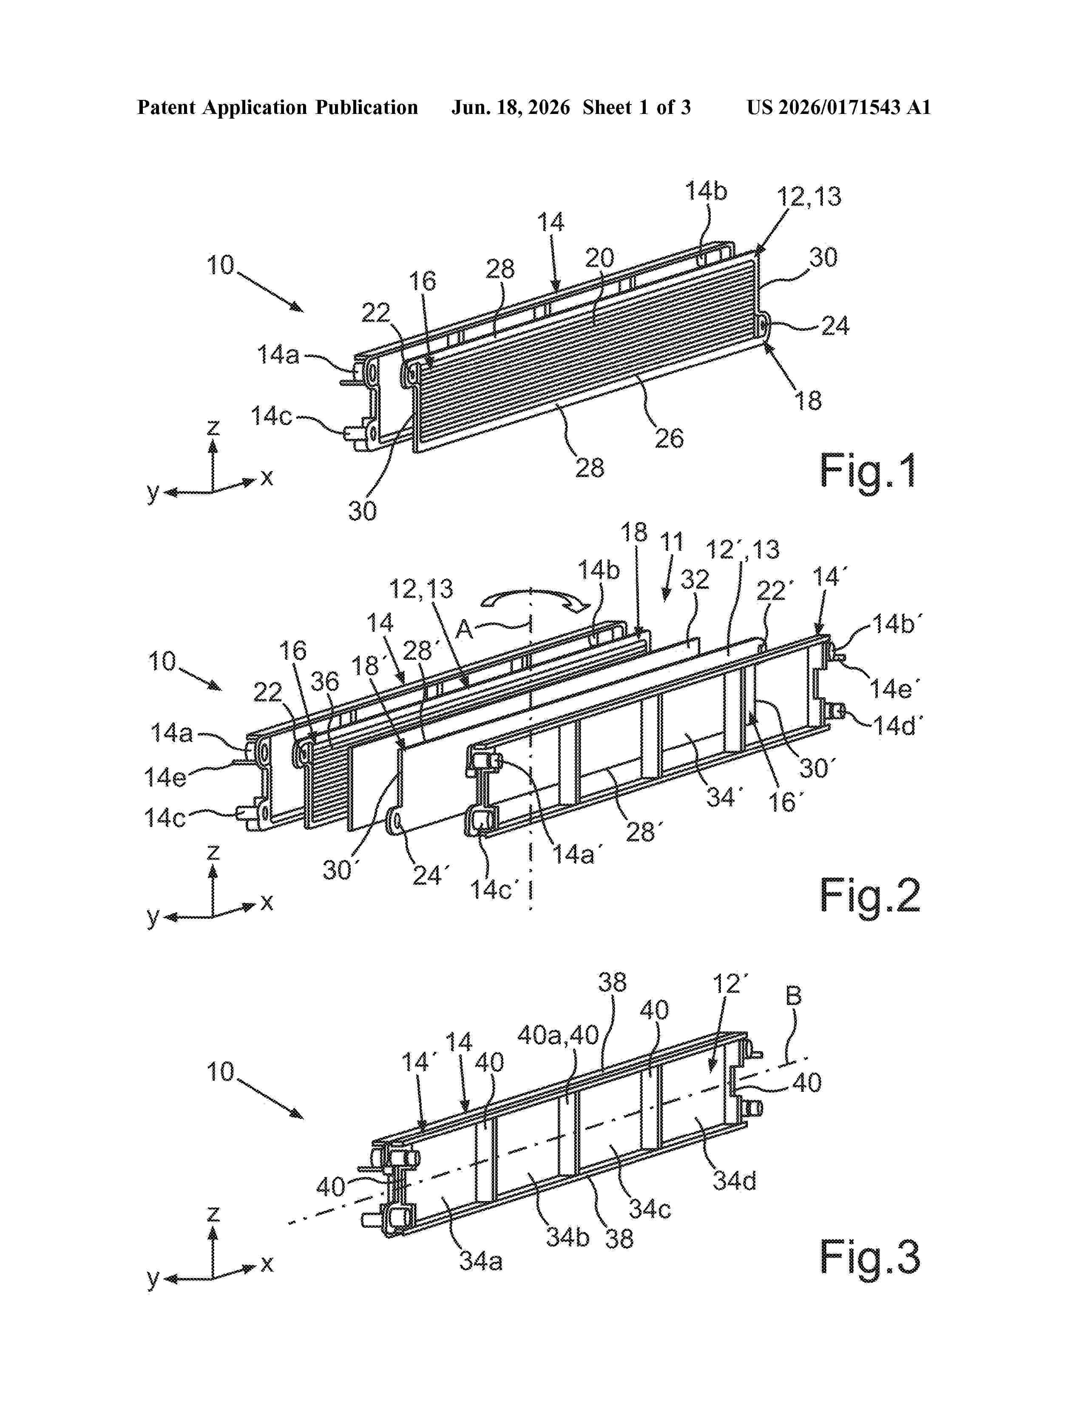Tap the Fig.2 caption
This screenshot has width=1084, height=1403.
[x=870, y=896]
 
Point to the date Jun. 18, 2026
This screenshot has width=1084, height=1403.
[x=511, y=107]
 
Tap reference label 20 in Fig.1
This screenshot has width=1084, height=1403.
[x=599, y=258]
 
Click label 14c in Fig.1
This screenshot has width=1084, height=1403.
[x=271, y=416]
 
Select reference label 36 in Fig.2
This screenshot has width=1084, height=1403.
[x=324, y=682]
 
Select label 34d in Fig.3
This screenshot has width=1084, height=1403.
[x=734, y=1180]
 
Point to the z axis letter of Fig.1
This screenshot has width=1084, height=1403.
[x=213, y=427]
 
